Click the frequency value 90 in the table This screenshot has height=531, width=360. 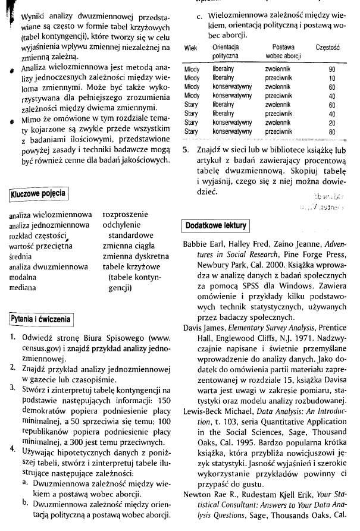click(x=331, y=70)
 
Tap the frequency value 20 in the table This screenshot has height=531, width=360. click(x=331, y=122)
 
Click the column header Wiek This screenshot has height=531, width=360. click(x=191, y=47)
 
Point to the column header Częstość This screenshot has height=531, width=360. click(x=327, y=47)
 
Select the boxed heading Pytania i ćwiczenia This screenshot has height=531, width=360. click(x=40, y=319)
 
